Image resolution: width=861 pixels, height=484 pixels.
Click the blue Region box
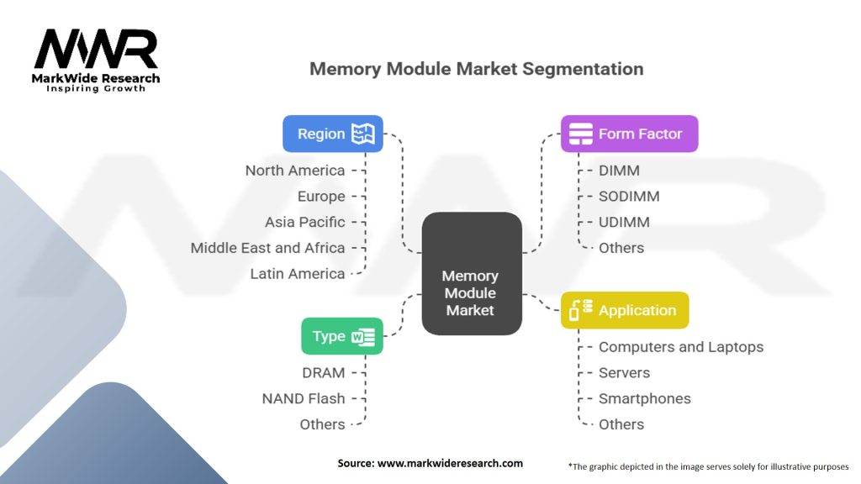pyautogui.click(x=332, y=134)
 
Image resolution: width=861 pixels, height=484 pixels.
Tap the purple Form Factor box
pyautogui.click(x=629, y=134)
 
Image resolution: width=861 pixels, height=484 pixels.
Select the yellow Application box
pyautogui.click(x=624, y=310)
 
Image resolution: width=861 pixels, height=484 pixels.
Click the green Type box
pyautogui.click(x=342, y=336)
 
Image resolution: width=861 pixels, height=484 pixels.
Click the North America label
pyautogui.click(x=295, y=171)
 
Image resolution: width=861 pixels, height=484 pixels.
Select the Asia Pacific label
pyautogui.click(x=305, y=222)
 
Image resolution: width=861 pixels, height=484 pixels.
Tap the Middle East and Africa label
pyautogui.click(x=267, y=248)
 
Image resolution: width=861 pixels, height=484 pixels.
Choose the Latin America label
pyautogui.click(x=298, y=274)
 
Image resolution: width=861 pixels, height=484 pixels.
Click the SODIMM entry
pyautogui.click(x=629, y=197)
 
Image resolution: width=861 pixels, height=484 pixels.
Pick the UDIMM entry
pyautogui.click(x=624, y=222)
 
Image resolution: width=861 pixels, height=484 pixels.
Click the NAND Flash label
pyautogui.click(x=304, y=398)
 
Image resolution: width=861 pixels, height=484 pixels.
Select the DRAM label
pyautogui.click(x=324, y=372)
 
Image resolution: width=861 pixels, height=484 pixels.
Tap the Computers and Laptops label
pyautogui.click(x=681, y=347)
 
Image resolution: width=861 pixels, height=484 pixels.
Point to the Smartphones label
pyautogui.click(x=645, y=398)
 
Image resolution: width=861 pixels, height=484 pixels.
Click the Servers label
pyautogui.click(x=625, y=372)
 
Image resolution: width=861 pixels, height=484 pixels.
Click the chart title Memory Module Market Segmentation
pyautogui.click(x=476, y=69)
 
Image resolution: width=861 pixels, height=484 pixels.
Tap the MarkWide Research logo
pyautogui.click(x=96, y=60)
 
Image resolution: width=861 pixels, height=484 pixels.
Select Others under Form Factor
pyautogui.click(x=621, y=248)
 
